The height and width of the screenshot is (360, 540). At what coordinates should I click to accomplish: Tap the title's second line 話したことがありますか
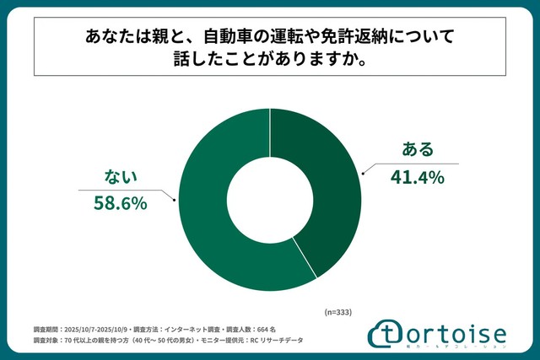tap(269, 63)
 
